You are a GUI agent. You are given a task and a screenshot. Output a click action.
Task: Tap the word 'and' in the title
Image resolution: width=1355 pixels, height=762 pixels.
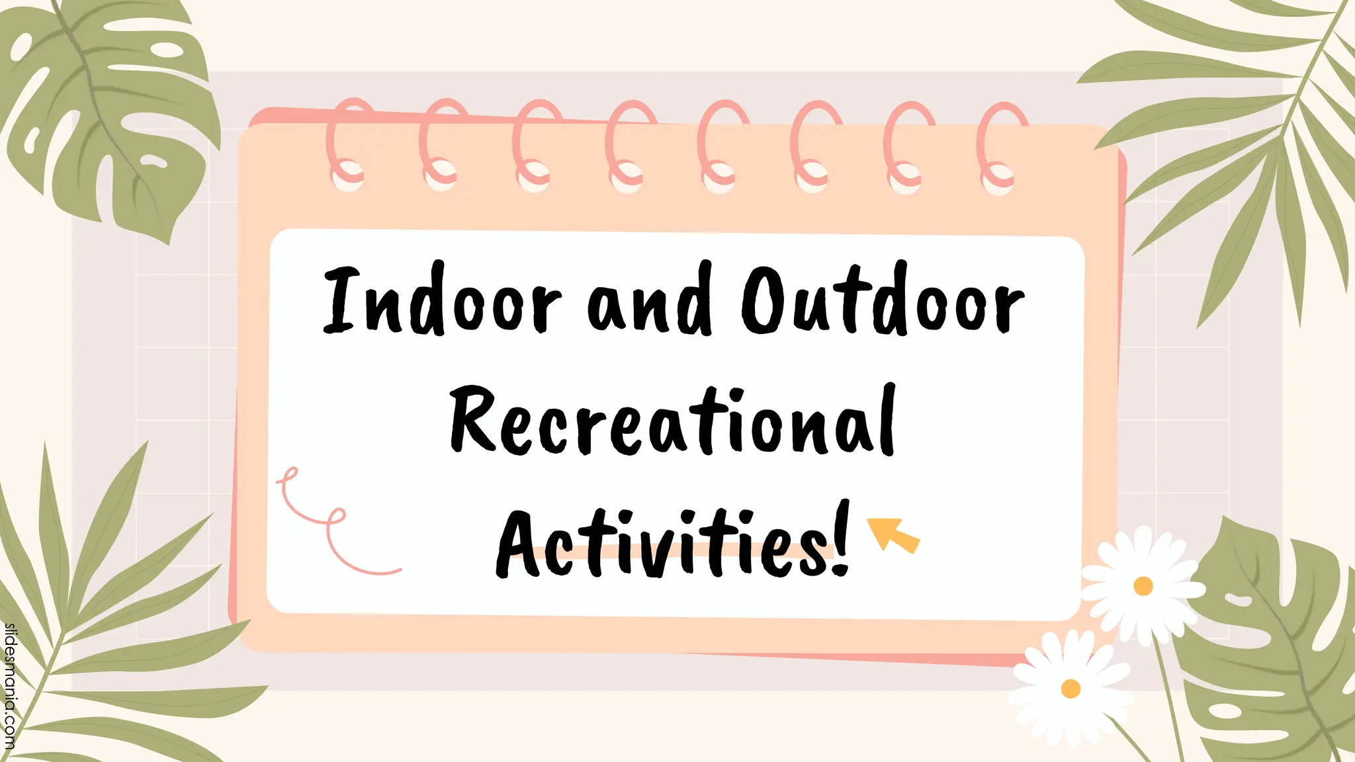point(650,301)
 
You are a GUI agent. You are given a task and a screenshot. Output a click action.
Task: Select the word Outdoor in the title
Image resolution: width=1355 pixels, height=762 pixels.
point(883,301)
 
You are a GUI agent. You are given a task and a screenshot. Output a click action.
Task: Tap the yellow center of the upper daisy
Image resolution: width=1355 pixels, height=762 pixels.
point(1143,586)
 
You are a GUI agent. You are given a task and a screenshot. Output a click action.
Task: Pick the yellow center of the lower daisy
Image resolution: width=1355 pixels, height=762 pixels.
point(1071,689)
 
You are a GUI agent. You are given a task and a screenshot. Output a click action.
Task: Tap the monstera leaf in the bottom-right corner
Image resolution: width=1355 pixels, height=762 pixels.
point(1270,648)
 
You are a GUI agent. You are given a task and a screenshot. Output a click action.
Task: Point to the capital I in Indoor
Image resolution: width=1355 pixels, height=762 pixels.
point(342,301)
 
